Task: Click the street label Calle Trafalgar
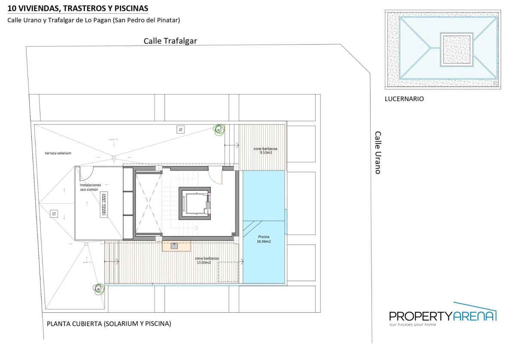(x=170, y=41)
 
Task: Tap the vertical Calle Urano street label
(x=378, y=153)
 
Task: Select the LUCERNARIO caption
(x=404, y=99)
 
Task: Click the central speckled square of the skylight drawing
(x=456, y=49)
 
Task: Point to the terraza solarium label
(x=58, y=153)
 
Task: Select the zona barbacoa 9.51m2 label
(x=265, y=150)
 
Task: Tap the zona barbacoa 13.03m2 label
(x=206, y=260)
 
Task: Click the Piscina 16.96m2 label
(x=264, y=239)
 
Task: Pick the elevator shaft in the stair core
(x=195, y=203)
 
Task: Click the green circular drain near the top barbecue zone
(x=219, y=129)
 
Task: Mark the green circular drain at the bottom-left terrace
(x=99, y=290)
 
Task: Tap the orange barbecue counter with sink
(x=176, y=246)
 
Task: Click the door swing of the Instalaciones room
(x=86, y=173)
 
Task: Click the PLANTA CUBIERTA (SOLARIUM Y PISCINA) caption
(x=109, y=324)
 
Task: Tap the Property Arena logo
(x=443, y=315)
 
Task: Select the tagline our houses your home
(x=412, y=325)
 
